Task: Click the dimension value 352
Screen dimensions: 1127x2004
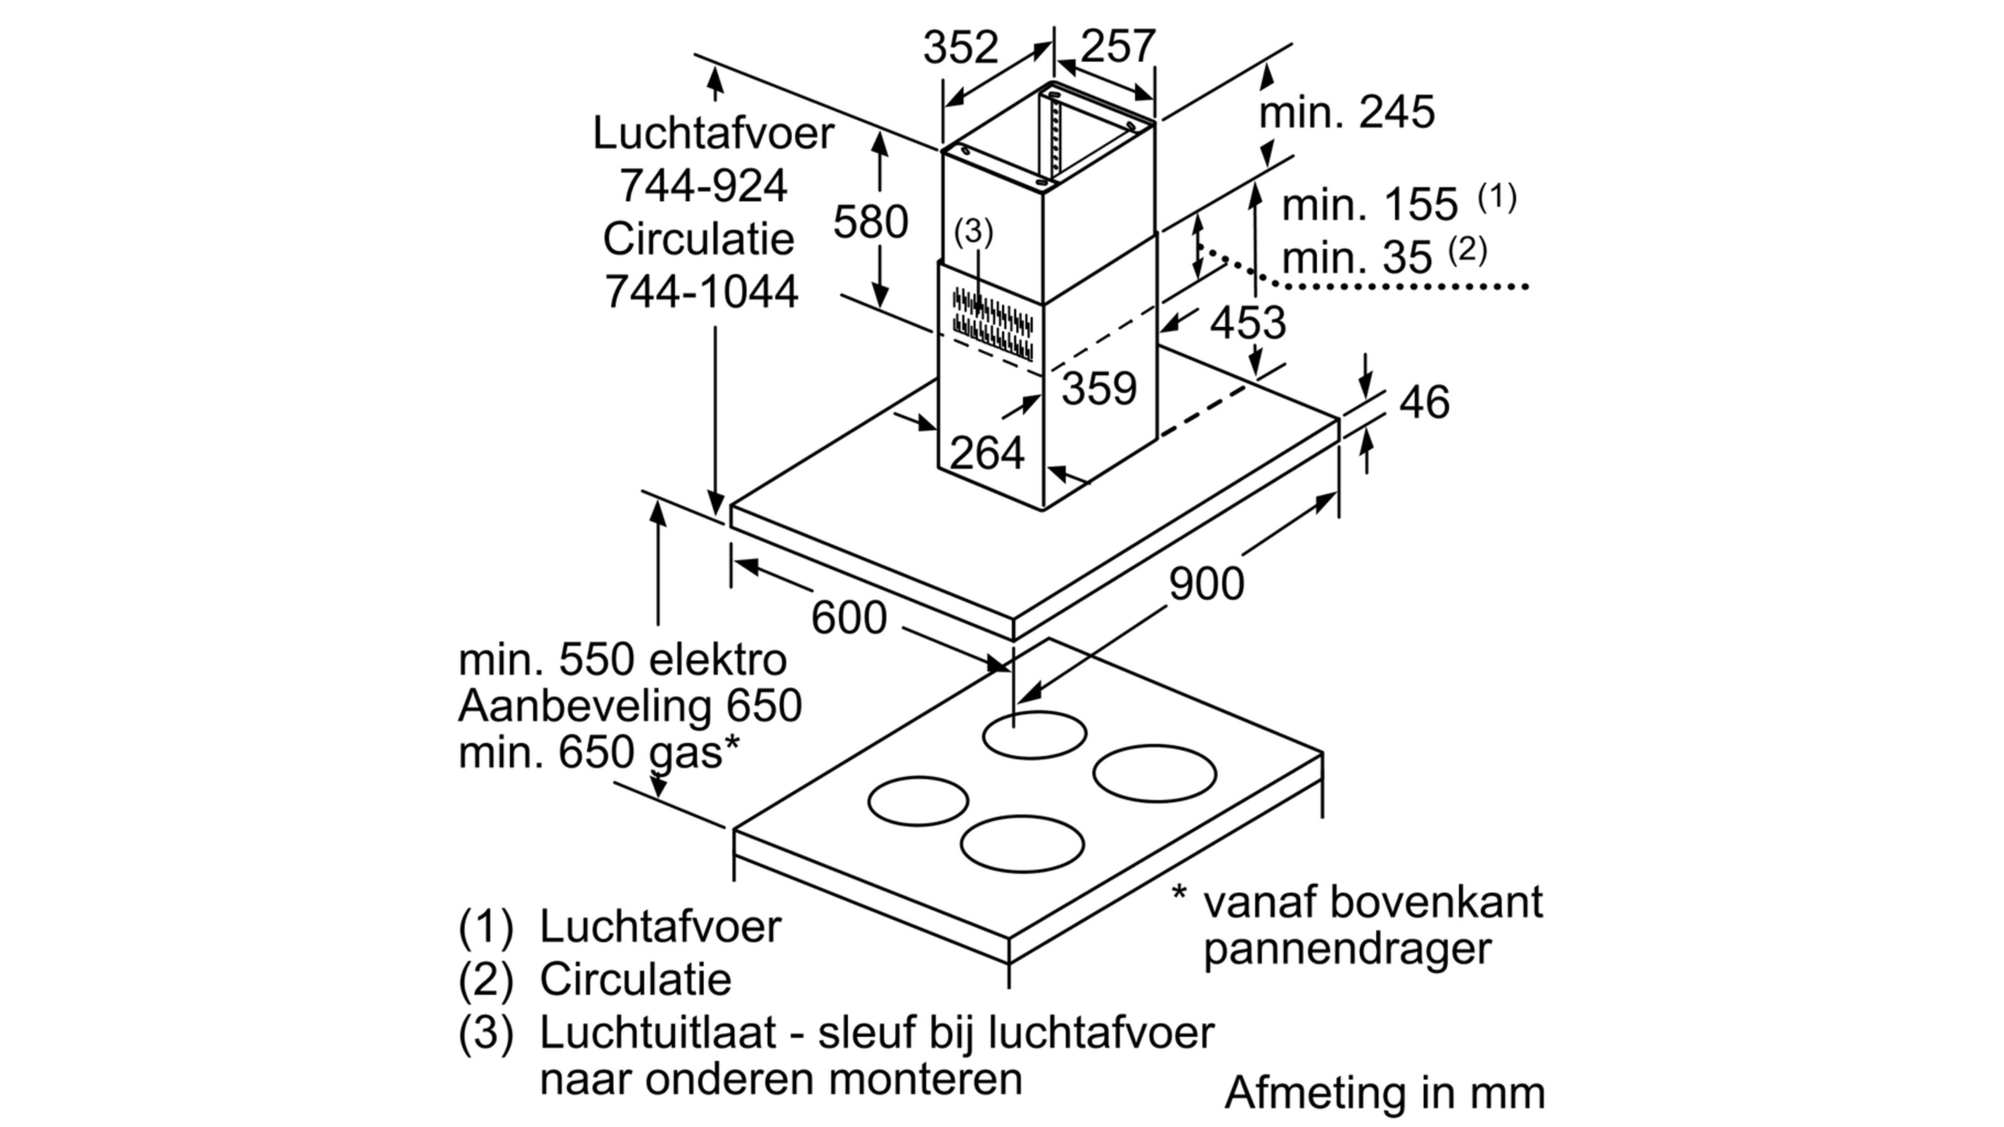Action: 960,48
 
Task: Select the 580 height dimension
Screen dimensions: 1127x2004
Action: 870,222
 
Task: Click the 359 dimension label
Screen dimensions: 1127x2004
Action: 1099,388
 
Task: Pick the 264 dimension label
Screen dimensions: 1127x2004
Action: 986,453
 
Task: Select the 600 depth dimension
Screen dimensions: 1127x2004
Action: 849,617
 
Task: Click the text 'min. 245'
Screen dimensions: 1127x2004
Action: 1346,112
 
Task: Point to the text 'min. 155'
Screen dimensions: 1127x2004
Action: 1369,205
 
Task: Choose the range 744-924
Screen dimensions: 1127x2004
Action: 703,186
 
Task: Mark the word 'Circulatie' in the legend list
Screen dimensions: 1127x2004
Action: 636,979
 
